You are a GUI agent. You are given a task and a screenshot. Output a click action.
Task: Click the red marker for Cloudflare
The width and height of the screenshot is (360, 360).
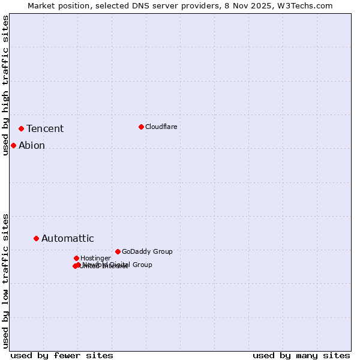141,127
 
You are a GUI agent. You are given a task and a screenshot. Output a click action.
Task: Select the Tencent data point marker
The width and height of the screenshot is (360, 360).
21,128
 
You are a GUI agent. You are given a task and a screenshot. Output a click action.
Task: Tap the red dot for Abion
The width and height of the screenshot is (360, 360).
13,145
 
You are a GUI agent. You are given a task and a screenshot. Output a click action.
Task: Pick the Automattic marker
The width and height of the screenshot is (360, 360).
36,238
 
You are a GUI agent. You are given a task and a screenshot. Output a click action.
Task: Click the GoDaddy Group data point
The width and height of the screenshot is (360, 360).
118,251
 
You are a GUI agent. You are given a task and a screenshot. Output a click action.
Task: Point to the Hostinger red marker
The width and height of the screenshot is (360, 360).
76,258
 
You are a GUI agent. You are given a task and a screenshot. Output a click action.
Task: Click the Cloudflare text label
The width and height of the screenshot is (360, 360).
161,127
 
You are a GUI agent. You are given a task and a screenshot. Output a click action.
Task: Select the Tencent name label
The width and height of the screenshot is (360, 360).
45,128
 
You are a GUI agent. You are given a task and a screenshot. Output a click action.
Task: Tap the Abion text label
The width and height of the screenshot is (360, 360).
32,145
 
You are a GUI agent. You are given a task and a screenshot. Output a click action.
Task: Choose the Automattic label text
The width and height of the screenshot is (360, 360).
67,238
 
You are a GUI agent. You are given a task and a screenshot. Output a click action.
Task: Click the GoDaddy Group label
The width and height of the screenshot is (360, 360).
147,251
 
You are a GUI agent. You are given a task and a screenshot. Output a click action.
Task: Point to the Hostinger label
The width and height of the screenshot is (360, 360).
95,258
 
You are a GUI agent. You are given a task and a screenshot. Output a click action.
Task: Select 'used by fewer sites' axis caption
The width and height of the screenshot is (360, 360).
62,355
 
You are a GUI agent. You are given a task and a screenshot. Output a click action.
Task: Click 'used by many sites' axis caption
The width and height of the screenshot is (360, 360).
301,355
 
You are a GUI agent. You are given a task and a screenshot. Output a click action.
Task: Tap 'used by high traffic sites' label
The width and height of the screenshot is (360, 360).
5,85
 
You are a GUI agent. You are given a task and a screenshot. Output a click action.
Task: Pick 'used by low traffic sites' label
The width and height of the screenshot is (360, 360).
5,280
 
